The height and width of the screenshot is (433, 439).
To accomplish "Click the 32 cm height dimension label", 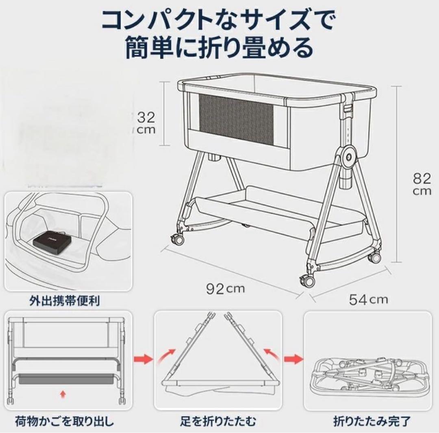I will (x=145, y=123).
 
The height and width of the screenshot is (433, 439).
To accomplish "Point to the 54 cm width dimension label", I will (x=368, y=300).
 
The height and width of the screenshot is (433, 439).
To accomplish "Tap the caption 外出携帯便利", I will (x=64, y=301).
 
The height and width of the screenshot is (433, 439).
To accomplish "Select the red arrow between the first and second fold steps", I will (x=143, y=359).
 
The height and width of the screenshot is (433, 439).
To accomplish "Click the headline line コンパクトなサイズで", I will (x=219, y=19).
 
